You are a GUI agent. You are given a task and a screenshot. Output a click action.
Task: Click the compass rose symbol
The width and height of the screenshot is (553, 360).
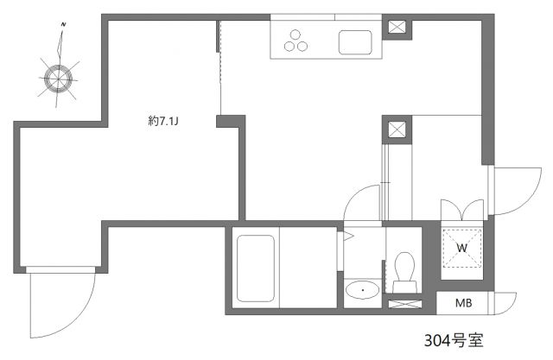pyautogui.click(x=60, y=78)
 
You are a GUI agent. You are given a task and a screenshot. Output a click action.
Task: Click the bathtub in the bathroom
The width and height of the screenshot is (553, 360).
pyautogui.click(x=256, y=268)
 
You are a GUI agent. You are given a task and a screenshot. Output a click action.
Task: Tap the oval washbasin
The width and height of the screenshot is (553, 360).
pyautogui.click(x=361, y=290)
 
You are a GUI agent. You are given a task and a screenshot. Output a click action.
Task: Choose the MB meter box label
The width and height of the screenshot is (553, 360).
pyautogui.click(x=463, y=303)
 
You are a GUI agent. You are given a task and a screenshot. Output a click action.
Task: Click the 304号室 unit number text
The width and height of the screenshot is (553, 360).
pyautogui.click(x=453, y=339)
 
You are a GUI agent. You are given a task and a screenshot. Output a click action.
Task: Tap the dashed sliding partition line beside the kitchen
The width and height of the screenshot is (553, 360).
pyautogui.click(x=220, y=69)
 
